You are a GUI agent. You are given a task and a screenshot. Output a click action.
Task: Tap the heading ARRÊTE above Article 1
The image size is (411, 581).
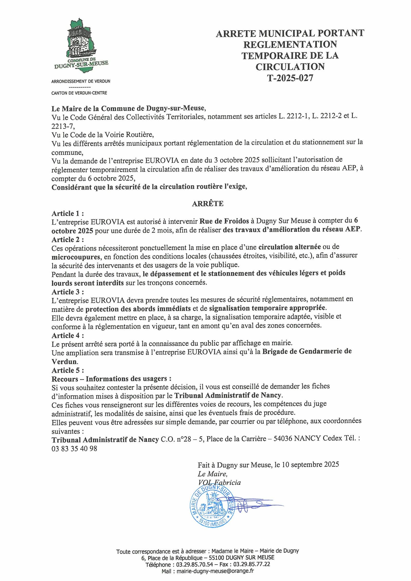click(x=208, y=204)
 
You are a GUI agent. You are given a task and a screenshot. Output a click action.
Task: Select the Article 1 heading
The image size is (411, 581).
click(x=68, y=213)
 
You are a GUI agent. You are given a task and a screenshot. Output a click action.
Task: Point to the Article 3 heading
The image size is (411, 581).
click(x=68, y=292)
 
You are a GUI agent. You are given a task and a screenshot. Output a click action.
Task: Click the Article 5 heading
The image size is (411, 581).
click(x=68, y=370)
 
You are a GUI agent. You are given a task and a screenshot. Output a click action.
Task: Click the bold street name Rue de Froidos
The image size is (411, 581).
click(x=224, y=221)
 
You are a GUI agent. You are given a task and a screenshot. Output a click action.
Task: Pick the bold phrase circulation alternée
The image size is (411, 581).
click(x=289, y=247)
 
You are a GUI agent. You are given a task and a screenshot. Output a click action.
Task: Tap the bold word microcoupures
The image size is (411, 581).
click(x=76, y=256)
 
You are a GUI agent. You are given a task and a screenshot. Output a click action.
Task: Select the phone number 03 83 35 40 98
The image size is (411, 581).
click(x=74, y=449)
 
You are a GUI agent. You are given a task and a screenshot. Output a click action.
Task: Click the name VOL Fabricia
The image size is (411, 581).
click(x=219, y=483)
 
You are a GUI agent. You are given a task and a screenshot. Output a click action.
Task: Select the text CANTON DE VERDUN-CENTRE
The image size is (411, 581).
click(x=79, y=93)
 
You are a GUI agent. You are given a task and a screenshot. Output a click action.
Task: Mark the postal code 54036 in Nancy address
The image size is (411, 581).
click(x=283, y=439)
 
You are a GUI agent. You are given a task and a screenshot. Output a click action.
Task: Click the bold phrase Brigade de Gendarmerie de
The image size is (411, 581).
click(x=307, y=351)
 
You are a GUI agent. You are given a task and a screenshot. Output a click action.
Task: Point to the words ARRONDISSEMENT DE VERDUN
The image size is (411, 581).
click(x=81, y=81)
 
